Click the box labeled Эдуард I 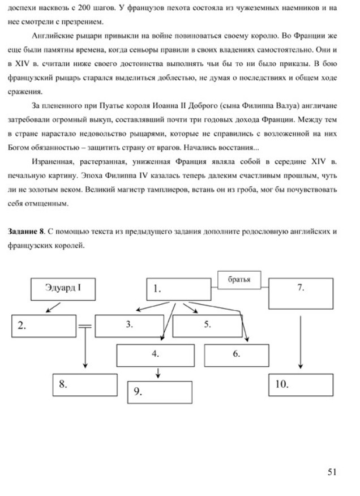click(63, 289)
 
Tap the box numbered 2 click(44, 326)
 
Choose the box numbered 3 click(129, 326)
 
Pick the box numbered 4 click(207, 326)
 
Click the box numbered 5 click(237, 355)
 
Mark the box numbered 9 click(301, 384)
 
